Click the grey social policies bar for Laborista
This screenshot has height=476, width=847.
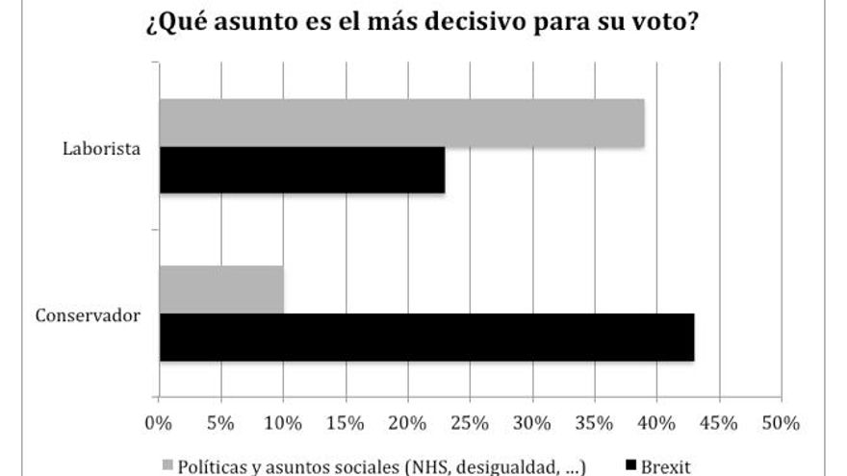pyautogui.click(x=401, y=122)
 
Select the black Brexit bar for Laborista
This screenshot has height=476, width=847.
pyautogui.click(x=302, y=170)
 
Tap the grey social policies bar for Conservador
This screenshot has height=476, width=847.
pyautogui.click(x=221, y=289)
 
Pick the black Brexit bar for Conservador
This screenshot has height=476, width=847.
pyautogui.click(x=426, y=338)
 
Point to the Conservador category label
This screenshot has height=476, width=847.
pyautogui.click(x=89, y=314)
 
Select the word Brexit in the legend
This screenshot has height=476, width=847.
pyautogui.click(x=667, y=466)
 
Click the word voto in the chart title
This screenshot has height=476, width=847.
pyautogui.click(x=664, y=21)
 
